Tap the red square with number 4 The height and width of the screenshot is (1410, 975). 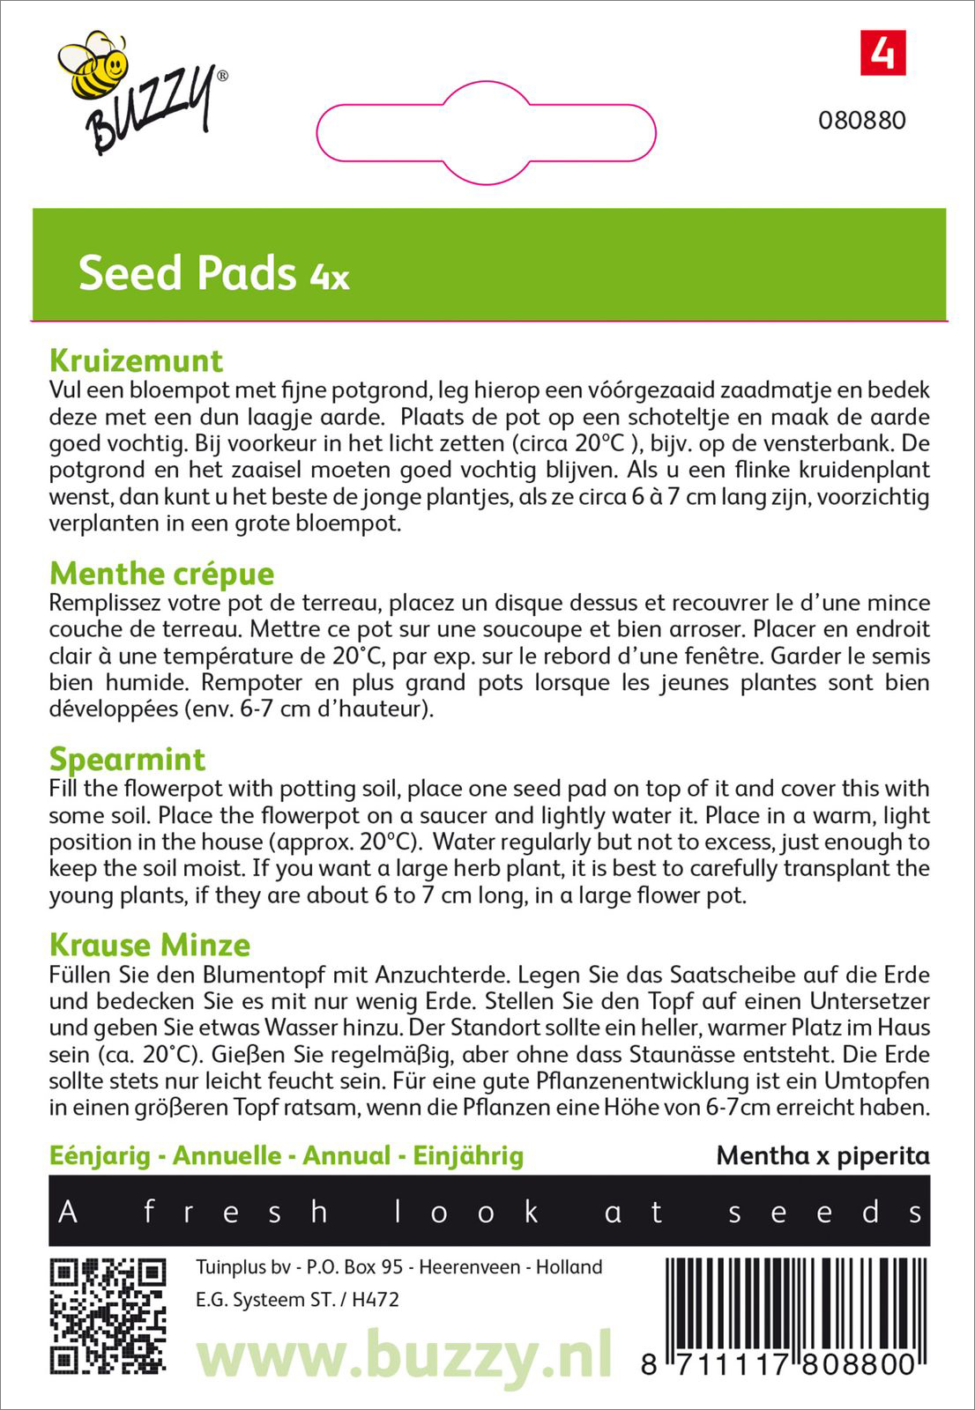[882, 54]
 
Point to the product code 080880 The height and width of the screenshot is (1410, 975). [861, 121]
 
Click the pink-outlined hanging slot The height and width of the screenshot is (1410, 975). [486, 133]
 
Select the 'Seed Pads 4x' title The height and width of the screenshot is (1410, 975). [213, 274]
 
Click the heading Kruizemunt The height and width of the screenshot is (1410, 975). [137, 360]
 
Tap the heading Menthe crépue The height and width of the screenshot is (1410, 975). [162, 574]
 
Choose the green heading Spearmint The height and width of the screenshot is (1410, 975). [127, 759]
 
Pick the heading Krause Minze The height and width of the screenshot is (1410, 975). [150, 945]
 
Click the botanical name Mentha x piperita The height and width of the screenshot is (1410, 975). [822, 1155]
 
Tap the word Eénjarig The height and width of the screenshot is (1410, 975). [100, 1155]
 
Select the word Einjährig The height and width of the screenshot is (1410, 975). [468, 1155]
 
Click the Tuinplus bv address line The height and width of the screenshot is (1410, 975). [398, 1267]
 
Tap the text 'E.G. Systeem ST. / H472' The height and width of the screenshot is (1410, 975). [297, 1300]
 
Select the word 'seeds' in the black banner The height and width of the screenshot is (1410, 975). [825, 1212]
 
